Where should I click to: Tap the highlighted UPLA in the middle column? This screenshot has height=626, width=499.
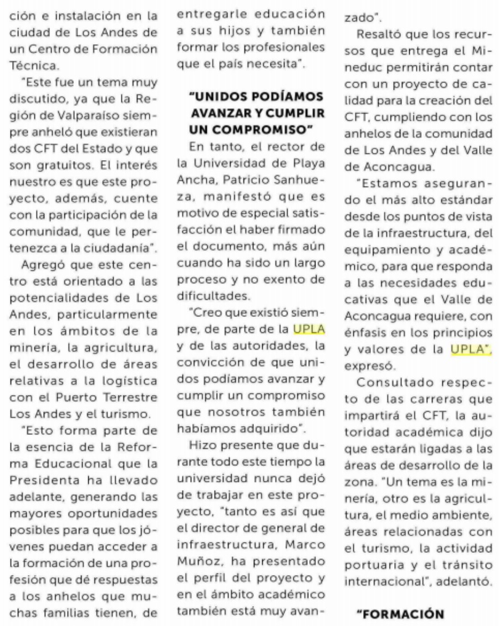309,331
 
